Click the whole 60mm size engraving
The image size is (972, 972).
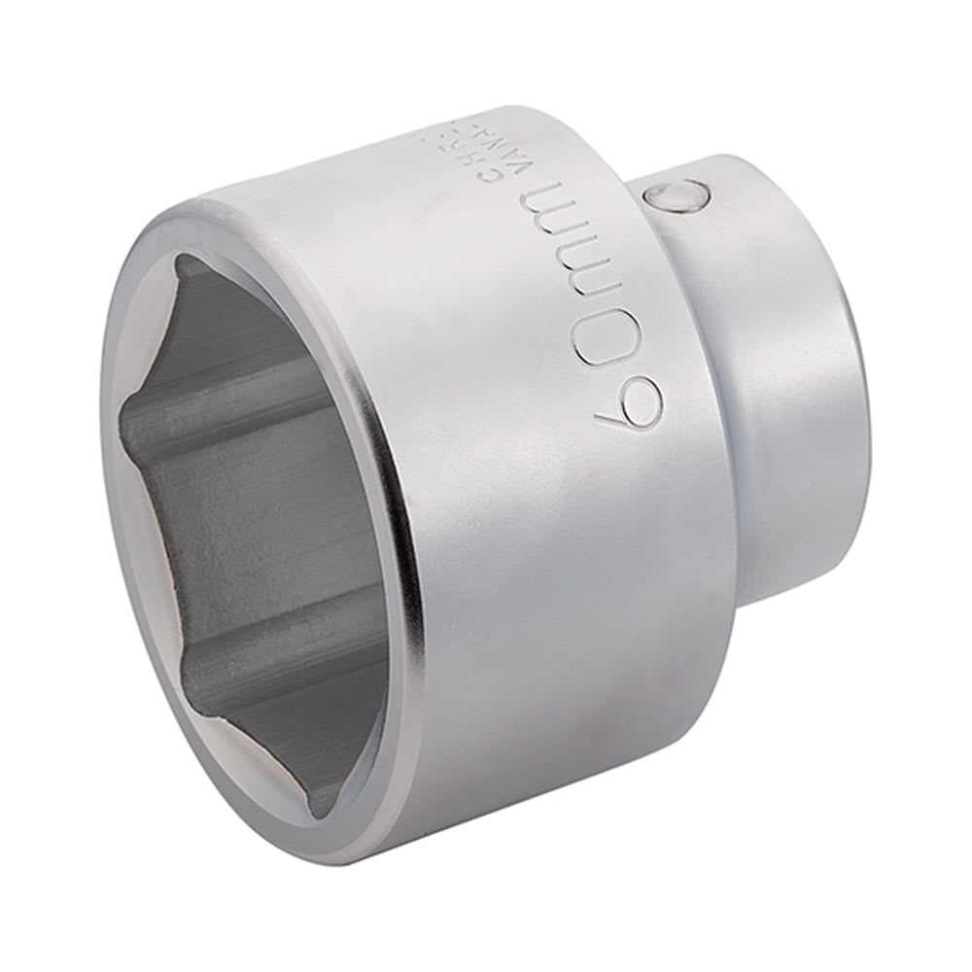[588, 301]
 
